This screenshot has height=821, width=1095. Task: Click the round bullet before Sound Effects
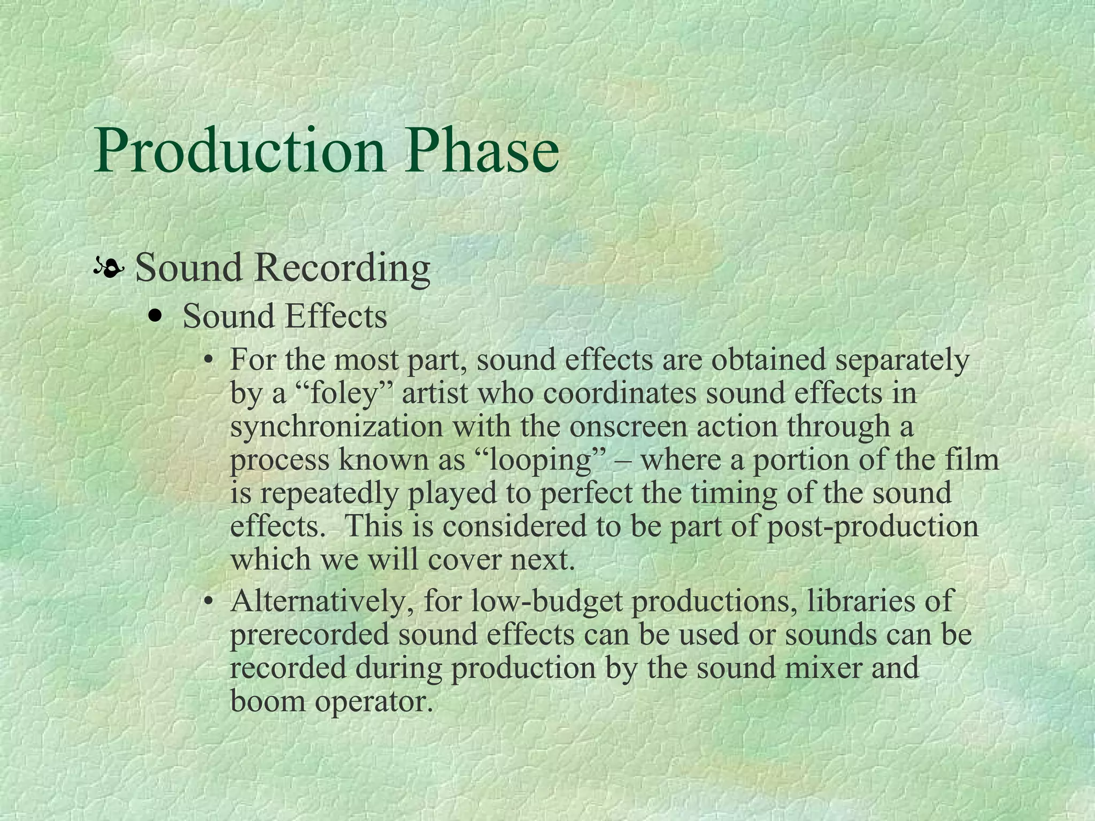point(156,316)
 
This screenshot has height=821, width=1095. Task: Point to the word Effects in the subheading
point(335,316)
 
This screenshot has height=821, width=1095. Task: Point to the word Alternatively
point(323,602)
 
